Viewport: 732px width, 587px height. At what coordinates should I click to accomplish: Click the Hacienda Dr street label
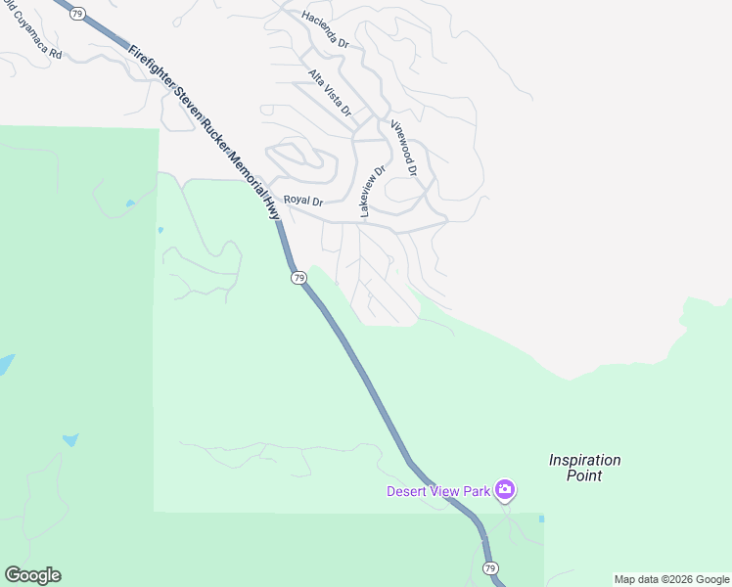[x=326, y=28]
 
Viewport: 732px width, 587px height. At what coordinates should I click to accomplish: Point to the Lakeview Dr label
[x=373, y=190]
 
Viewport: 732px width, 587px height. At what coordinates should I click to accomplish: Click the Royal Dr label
[x=303, y=201]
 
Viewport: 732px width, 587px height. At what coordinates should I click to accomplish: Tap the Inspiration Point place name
[x=585, y=468]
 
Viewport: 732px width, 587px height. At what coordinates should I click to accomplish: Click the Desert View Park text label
[x=437, y=490]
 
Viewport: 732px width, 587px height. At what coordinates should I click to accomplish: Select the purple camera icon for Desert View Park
[x=505, y=489]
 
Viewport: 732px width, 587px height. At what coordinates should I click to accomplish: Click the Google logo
[x=32, y=575]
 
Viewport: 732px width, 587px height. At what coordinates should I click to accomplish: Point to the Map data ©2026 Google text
[x=671, y=580]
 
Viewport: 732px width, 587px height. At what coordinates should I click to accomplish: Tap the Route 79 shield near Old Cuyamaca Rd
[x=78, y=14]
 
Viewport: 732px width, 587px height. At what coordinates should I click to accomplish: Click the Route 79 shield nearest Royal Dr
[x=298, y=278]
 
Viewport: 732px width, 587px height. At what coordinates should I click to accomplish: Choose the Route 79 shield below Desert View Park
[x=490, y=568]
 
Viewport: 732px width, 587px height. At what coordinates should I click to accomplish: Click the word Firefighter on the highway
[x=150, y=67]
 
